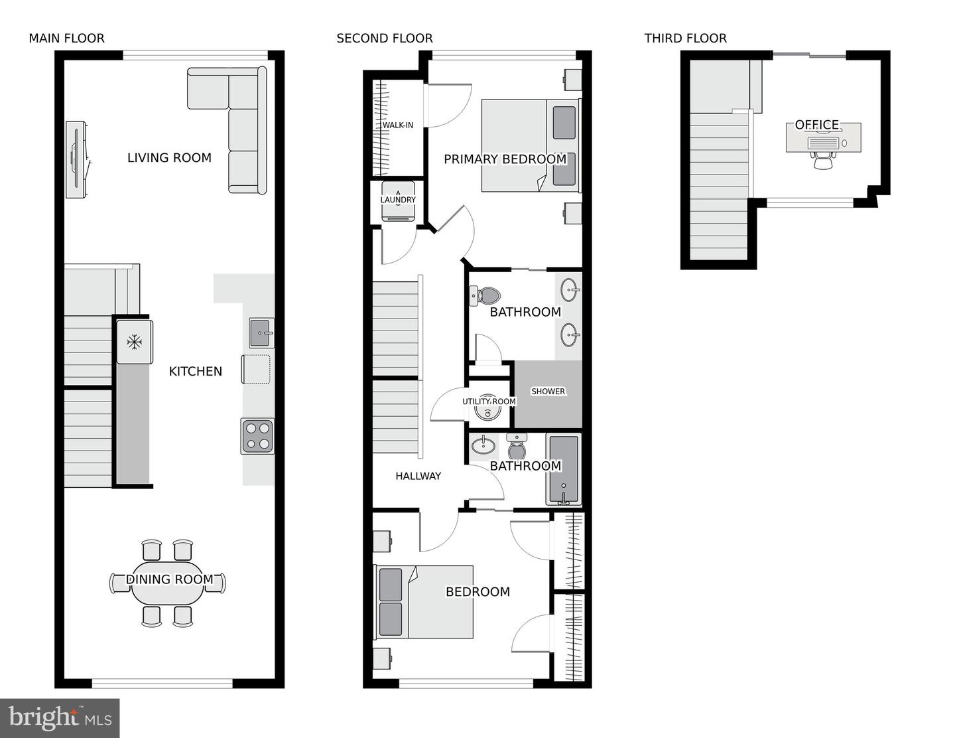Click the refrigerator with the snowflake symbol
coord(135,342)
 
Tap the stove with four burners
coord(257,436)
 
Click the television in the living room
coord(76,159)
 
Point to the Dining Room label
coord(170,579)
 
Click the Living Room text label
coord(169,158)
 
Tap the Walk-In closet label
coord(397,125)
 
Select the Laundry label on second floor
coord(398,200)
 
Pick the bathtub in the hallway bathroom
coord(564,469)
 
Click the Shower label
coord(548,392)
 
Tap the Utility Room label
coord(489,402)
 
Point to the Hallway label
coord(418,476)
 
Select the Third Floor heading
coord(685,38)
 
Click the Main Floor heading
coord(66,38)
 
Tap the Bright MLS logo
coord(60,718)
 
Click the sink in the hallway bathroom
coord(483,445)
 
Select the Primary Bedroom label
coord(505,159)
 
